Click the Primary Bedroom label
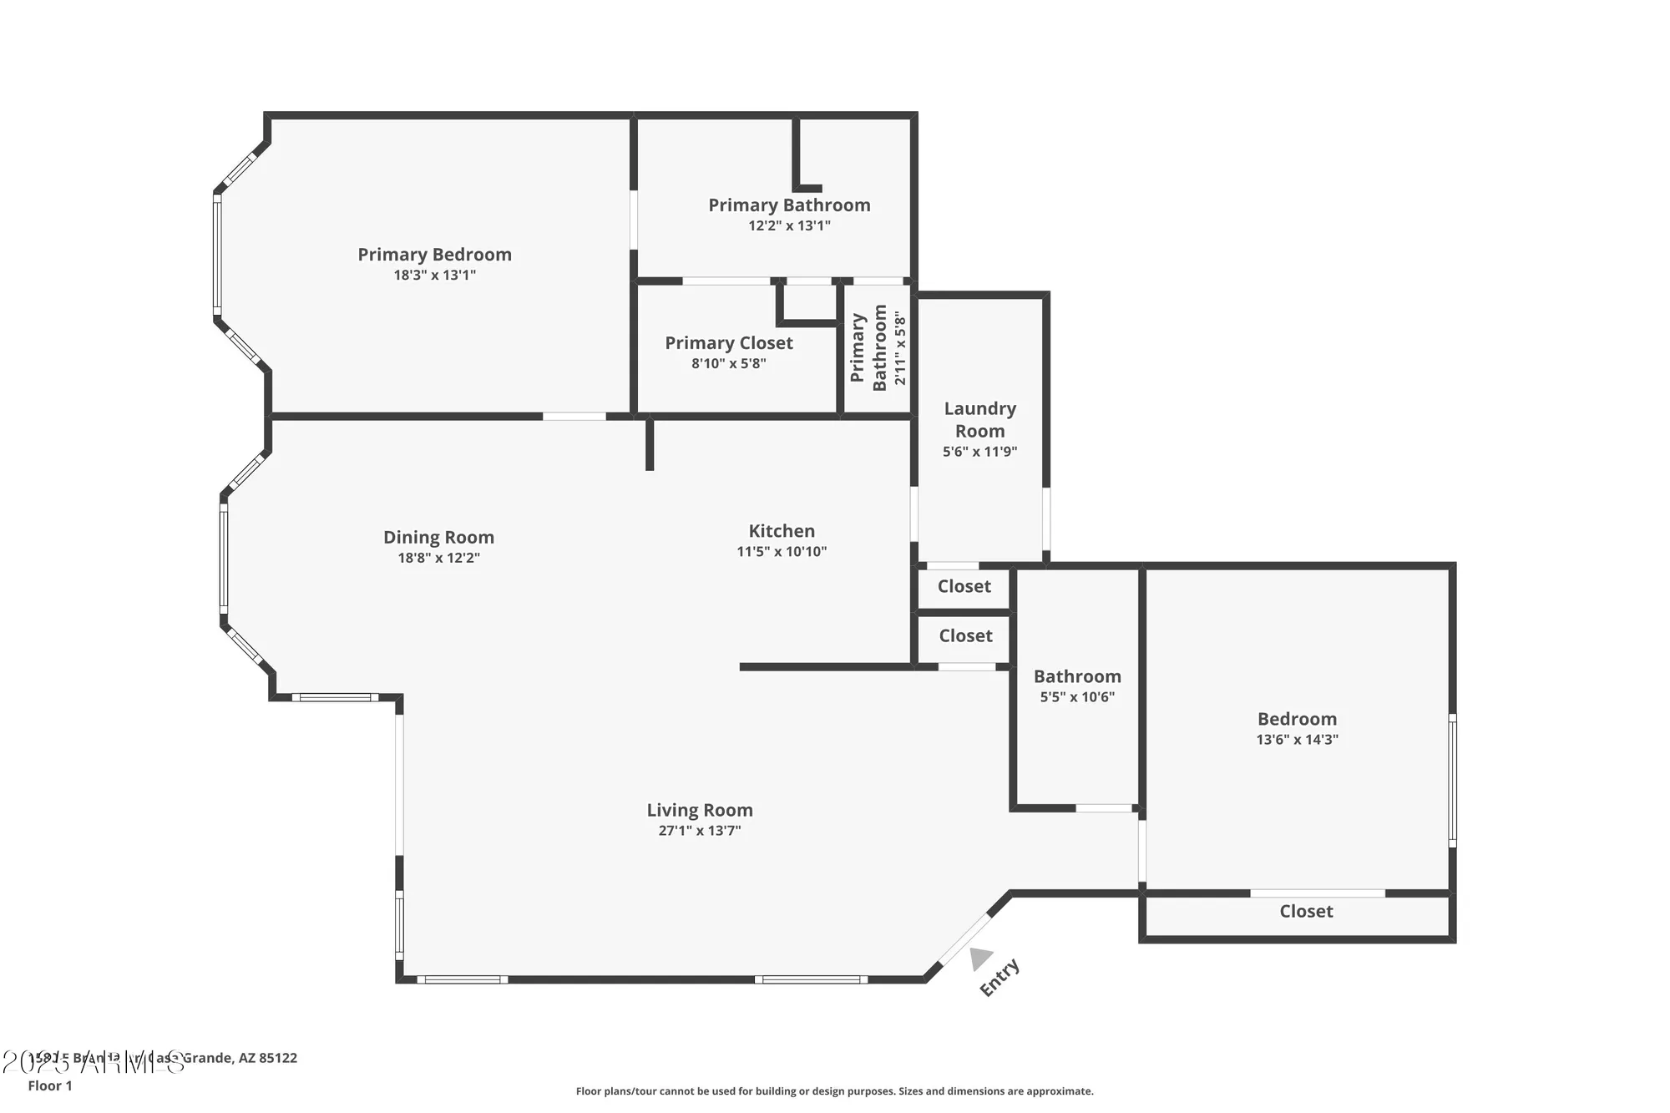pos(434,255)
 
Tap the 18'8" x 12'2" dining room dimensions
pos(438,558)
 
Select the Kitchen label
pos(782,531)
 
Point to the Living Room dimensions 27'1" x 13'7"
pos(700,831)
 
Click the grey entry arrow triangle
pos(980,959)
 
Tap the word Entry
pos(999,978)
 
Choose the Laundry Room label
pos(979,420)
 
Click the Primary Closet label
pos(729,343)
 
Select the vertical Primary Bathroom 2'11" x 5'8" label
pos(878,348)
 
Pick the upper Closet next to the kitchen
pos(964,587)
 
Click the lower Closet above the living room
pos(965,636)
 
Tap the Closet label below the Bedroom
pos(1306,912)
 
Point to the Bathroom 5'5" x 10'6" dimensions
pos(1077,697)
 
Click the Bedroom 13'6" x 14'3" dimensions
pos(1297,740)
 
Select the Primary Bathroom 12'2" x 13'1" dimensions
pos(789,225)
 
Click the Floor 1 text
pos(50,1085)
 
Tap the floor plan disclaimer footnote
pos(834,1091)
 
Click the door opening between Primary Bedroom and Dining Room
pos(574,416)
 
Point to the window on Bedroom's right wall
pos(1452,780)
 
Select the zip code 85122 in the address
pos(278,1058)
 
